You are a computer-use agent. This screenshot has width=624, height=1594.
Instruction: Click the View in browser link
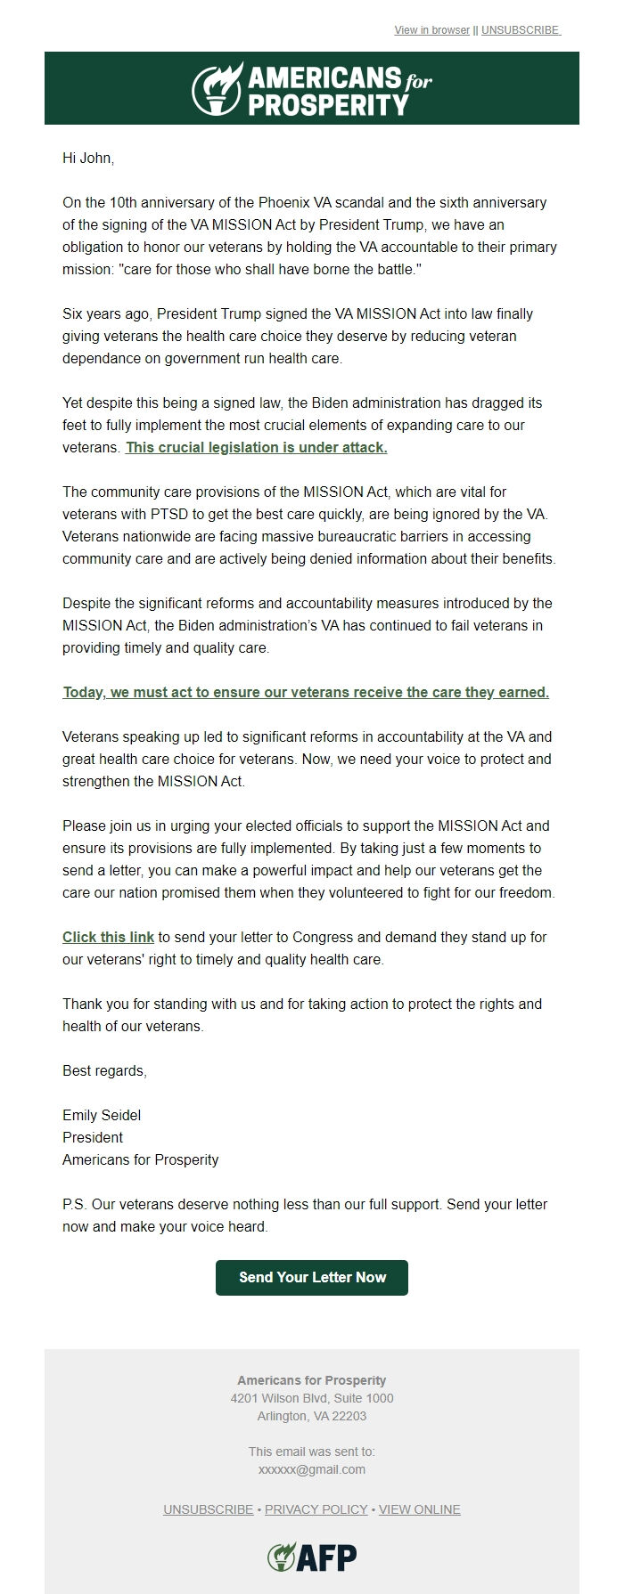pos(431,30)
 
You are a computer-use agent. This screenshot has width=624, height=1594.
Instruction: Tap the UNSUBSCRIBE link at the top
pos(521,30)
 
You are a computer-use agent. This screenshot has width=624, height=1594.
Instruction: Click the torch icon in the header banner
pos(217,88)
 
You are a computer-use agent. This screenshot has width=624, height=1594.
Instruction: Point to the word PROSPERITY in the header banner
pos(327,105)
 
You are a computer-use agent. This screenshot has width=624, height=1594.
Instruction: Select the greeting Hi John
pos(88,159)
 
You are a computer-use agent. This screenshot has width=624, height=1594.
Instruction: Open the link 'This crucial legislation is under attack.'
pos(256,448)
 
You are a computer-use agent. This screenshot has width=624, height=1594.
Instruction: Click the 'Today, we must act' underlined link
pos(306,693)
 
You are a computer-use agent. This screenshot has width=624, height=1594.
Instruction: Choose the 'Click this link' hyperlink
pos(108,938)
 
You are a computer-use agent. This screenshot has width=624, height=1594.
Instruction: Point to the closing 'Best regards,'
pos(104,1071)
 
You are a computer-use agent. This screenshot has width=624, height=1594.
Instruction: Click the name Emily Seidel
pos(102,1116)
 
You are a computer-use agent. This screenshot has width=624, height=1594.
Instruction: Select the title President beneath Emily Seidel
pos(93,1138)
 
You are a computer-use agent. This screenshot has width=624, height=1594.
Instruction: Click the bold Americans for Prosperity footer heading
pos(311,1380)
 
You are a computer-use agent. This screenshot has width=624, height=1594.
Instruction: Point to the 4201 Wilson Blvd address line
pos(311,1398)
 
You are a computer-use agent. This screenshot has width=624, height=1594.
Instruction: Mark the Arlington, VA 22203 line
pos(311,1416)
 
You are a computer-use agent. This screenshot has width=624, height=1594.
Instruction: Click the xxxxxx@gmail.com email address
pos(311,1469)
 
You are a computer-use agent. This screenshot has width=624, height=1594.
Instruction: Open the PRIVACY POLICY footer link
pos(316,1509)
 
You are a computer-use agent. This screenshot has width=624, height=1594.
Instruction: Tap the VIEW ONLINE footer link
pos(419,1509)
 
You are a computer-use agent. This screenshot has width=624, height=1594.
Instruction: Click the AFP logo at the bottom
pos(312,1557)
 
